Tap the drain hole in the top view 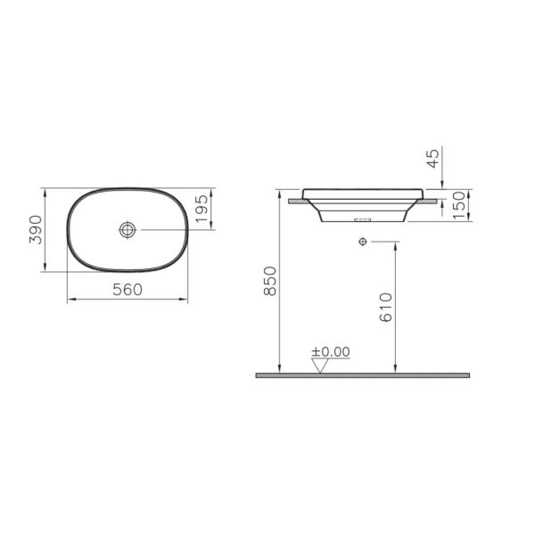coord(128,230)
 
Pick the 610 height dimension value coord(385,308)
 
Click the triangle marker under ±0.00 coord(319,365)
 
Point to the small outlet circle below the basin coord(362,242)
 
